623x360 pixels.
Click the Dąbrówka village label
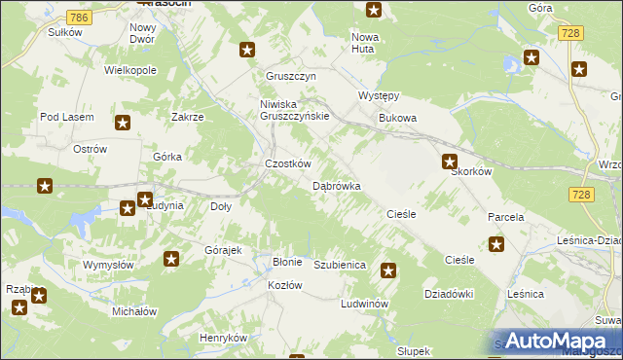coord(337,185)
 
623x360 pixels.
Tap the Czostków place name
coord(288,164)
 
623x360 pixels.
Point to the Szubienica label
coord(339,265)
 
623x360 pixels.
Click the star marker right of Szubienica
coord(388,271)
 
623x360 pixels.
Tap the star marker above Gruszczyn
coord(247,50)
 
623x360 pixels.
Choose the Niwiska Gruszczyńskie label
coord(295,109)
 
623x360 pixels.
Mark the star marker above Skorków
coord(450,162)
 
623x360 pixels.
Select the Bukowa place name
coord(397,119)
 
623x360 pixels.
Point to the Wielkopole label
coord(130,71)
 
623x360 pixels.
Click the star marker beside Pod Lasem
coord(123,123)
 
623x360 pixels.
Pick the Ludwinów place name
coord(365,304)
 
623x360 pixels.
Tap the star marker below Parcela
coord(496,245)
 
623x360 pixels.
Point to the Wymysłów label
coord(107,265)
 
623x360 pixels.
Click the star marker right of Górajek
coord(171,259)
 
